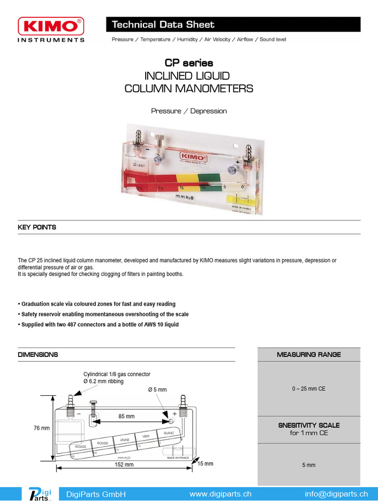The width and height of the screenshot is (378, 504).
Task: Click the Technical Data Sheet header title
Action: pos(163,25)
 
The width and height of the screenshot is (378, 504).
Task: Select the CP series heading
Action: pos(189,63)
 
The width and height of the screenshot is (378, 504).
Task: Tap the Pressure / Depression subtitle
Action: pos(189,111)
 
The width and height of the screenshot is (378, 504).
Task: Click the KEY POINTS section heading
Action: pos(37,227)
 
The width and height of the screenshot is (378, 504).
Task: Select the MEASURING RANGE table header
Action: pos(309,354)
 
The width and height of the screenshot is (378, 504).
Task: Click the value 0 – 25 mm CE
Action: pos(309,389)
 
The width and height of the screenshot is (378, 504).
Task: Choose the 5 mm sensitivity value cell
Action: pos(309,464)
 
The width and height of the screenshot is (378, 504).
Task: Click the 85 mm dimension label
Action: pos(126,416)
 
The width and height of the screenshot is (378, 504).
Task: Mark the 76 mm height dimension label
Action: pos(42,428)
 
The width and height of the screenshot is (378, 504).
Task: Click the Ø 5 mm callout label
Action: pos(157,390)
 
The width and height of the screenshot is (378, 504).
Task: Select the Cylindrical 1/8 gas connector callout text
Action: pos(117,375)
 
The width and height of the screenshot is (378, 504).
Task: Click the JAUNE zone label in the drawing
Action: pos(124,439)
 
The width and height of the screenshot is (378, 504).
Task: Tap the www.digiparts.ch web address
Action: pos(220,494)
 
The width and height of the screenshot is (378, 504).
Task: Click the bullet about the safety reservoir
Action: pos(105,314)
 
